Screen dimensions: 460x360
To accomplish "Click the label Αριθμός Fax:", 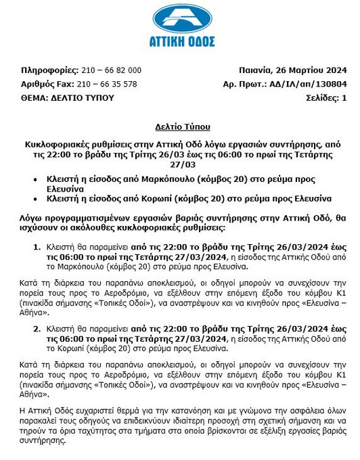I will [x=49, y=84].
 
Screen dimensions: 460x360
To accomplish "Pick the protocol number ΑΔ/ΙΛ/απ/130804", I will [x=310, y=84].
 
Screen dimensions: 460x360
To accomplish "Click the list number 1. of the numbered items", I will [x=37, y=249].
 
